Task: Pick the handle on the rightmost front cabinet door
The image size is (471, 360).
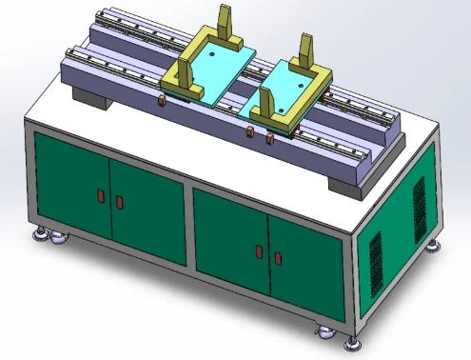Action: coord(278,258)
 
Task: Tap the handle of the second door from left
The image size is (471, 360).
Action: coord(120,202)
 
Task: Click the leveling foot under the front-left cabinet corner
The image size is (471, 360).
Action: coord(43,233)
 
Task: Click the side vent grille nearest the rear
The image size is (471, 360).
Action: coord(419,206)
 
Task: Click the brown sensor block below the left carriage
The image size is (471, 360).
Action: coord(164,101)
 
